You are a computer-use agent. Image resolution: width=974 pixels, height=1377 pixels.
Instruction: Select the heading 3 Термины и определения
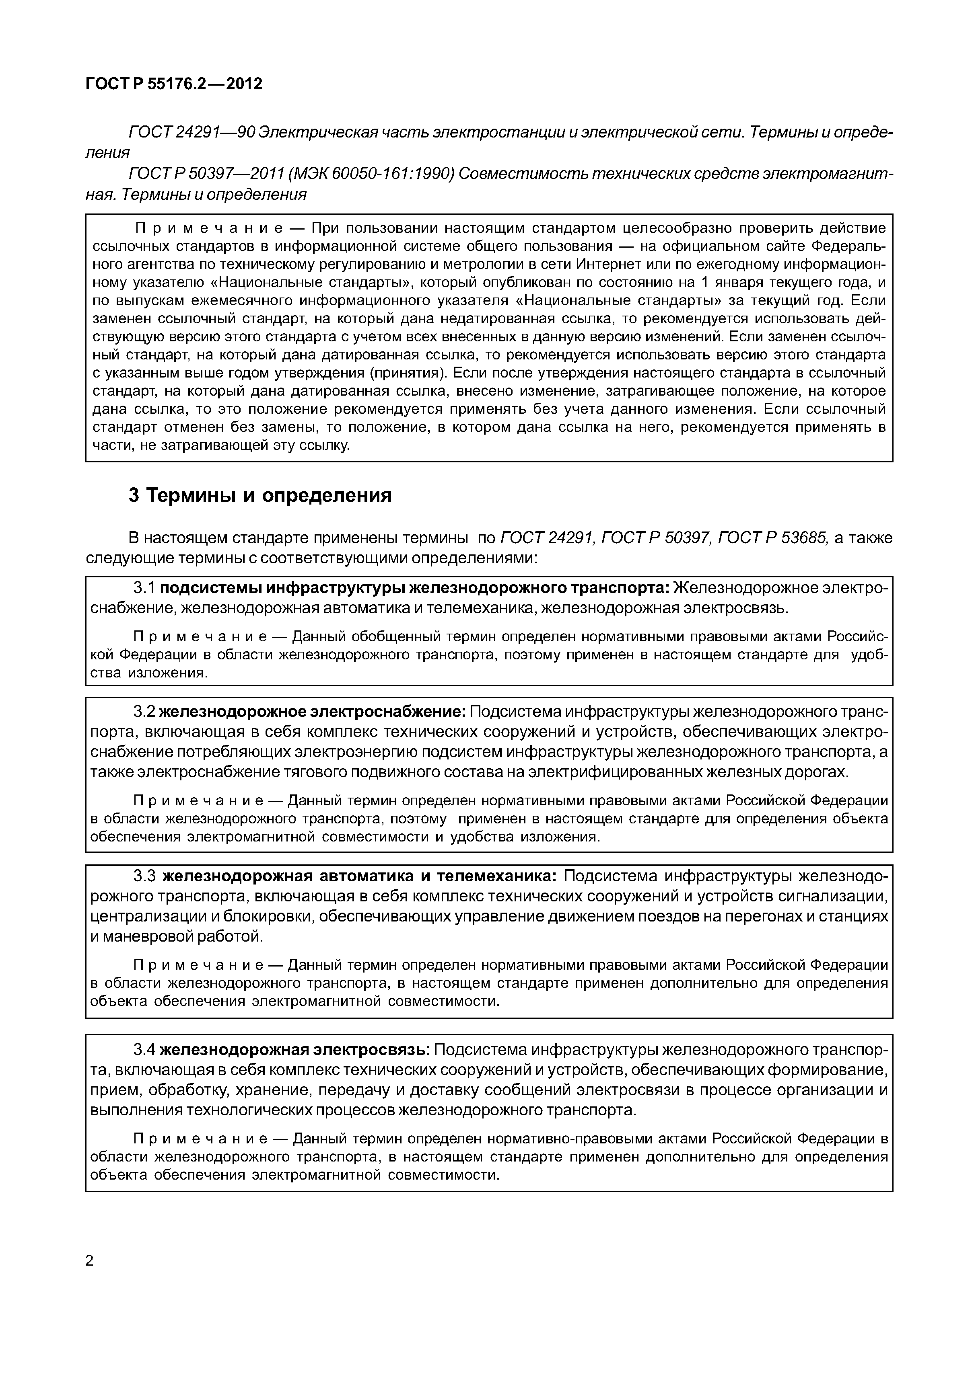[260, 495]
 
